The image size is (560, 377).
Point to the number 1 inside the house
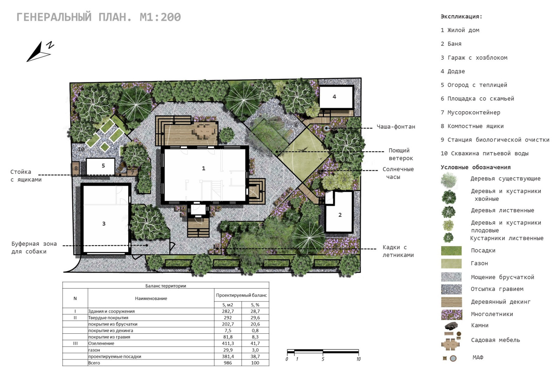point(203,168)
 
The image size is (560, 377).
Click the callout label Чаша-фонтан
point(396,127)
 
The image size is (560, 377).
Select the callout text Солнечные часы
point(398,173)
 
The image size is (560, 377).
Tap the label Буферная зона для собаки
point(34,248)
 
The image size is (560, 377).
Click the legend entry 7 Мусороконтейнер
point(470,112)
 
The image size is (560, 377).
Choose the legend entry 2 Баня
point(451,44)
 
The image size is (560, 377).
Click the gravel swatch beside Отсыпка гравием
point(451,289)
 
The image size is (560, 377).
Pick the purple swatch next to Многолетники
point(451,314)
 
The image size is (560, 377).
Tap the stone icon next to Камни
point(451,326)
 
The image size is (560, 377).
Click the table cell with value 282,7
point(228,311)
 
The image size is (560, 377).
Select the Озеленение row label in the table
point(101,343)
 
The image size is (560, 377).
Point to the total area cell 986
point(228,363)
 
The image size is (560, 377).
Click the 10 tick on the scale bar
point(358,359)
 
